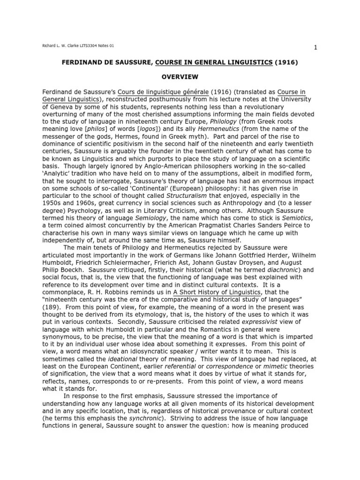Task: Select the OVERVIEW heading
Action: pyautogui.click(x=180, y=76)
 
